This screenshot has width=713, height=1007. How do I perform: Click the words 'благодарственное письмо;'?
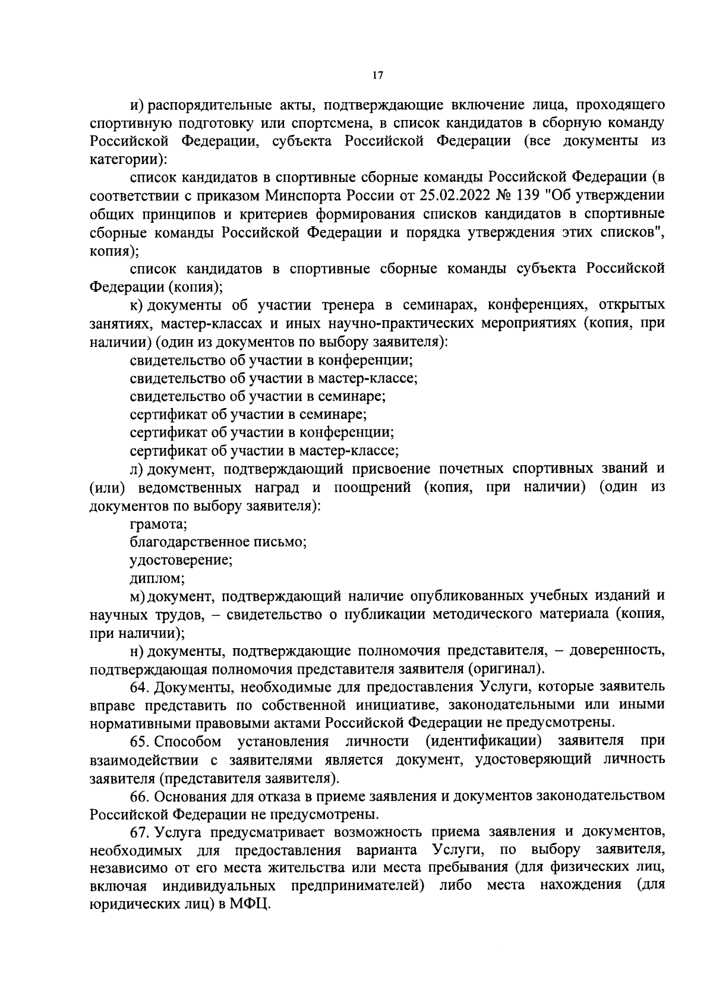pyautogui.click(x=218, y=542)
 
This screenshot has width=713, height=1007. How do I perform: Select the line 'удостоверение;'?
pyautogui.click(x=181, y=560)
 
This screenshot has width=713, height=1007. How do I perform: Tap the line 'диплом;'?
pyautogui.click(x=157, y=578)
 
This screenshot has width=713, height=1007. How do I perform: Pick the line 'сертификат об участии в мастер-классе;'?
pyautogui.click(x=264, y=450)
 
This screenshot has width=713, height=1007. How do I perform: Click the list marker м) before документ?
pyautogui.click(x=137, y=596)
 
